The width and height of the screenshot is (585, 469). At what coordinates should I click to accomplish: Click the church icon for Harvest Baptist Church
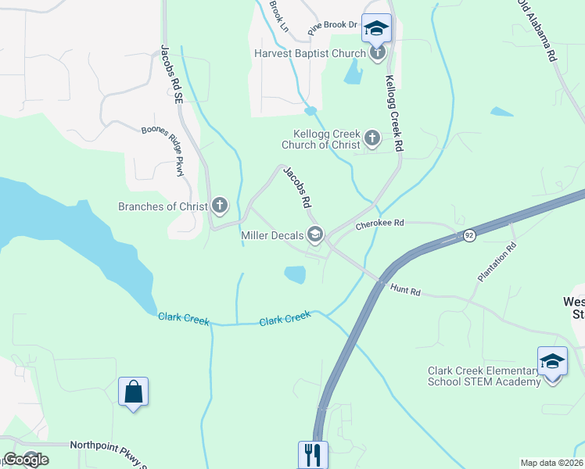click(378, 53)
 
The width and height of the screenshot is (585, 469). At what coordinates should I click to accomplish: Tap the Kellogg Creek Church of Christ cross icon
click(371, 140)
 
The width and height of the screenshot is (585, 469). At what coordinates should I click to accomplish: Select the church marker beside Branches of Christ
click(220, 206)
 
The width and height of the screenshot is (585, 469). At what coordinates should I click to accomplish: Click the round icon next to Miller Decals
click(315, 234)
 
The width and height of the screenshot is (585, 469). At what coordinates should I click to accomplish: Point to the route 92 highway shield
click(468, 235)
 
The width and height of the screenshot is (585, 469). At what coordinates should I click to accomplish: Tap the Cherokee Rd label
click(379, 224)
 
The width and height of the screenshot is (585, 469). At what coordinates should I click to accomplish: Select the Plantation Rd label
click(497, 262)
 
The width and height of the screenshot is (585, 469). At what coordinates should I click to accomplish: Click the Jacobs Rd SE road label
click(173, 74)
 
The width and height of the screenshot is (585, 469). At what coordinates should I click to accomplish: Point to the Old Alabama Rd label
click(536, 31)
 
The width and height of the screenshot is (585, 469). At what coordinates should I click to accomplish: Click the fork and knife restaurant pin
click(313, 454)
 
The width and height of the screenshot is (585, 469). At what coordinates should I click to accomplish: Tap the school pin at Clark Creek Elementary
click(552, 362)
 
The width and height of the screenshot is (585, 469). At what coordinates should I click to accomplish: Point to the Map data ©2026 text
click(551, 463)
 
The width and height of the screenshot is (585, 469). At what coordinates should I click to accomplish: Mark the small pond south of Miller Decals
click(295, 274)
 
